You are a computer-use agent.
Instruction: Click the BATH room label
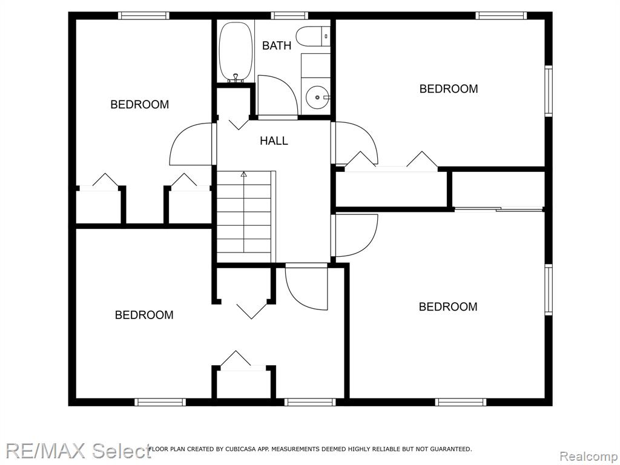click(x=276, y=45)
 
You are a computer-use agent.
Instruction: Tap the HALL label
click(x=274, y=140)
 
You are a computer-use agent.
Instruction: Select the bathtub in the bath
click(x=236, y=52)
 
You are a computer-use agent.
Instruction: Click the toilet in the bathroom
click(x=313, y=36)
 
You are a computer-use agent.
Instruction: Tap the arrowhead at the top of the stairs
click(x=243, y=174)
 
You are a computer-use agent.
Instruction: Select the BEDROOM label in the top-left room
click(x=140, y=104)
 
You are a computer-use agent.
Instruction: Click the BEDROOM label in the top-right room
click(x=449, y=88)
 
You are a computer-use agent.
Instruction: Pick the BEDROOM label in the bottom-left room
click(x=144, y=315)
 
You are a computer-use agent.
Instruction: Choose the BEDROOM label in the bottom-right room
click(x=448, y=306)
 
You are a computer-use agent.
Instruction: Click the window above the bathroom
click(x=289, y=15)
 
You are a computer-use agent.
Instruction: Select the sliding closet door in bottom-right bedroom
click(x=499, y=208)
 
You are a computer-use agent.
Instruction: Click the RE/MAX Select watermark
click(x=78, y=450)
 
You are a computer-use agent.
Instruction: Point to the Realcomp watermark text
click(x=589, y=457)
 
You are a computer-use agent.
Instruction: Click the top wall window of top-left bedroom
click(x=144, y=15)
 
